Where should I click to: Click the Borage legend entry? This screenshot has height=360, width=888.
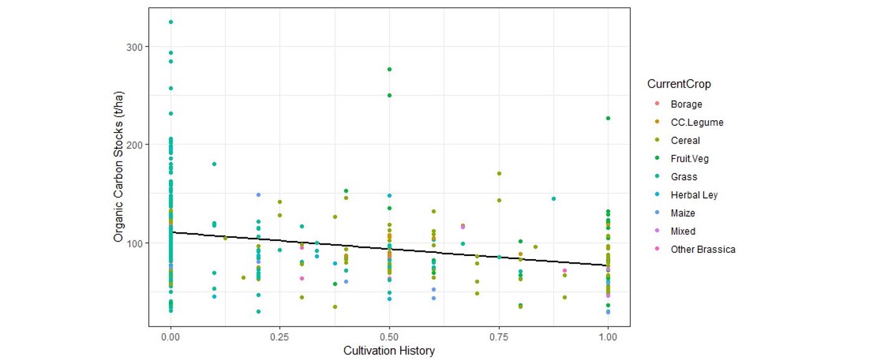[686, 105]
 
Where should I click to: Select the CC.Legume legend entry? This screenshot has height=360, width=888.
[697, 123]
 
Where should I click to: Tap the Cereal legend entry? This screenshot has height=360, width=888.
[685, 141]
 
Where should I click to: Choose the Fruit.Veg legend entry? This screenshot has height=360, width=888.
[689, 159]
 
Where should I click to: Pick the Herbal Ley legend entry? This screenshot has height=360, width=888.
[694, 195]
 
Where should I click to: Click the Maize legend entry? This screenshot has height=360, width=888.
[682, 213]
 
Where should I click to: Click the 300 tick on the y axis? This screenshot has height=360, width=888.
[135, 47]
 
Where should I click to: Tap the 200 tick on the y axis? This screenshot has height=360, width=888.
[135, 144]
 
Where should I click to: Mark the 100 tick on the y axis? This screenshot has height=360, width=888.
[135, 243]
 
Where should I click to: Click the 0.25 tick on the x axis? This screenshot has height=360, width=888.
[280, 337]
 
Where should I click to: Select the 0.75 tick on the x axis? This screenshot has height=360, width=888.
[499, 337]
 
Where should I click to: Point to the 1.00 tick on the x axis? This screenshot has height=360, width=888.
[608, 337]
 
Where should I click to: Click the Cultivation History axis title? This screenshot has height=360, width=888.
[389, 351]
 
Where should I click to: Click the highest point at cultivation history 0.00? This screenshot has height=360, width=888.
[171, 22]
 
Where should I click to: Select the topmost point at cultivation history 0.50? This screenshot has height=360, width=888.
[389, 69]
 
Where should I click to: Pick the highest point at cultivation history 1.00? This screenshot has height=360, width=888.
[608, 118]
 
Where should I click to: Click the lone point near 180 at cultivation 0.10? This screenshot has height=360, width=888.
[214, 164]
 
